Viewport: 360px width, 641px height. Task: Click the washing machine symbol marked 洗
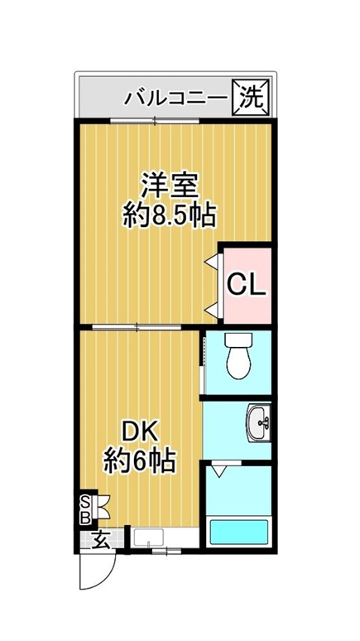pos(251,98)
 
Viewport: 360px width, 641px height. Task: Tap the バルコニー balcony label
pos(175,99)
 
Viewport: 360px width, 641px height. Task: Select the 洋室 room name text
pos(170,186)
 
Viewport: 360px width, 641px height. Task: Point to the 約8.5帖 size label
pos(169,215)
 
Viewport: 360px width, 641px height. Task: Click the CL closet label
pos(247,285)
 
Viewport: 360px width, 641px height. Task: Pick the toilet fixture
pos(238,355)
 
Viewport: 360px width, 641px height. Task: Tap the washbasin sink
pos(260,422)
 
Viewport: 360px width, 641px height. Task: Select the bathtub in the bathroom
pos(238,532)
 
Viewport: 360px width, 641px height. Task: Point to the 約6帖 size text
pos(140,461)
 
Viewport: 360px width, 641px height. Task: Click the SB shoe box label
pos(85,510)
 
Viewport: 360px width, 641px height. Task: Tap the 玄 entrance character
pos(100,541)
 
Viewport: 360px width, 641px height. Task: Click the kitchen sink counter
pos(165,538)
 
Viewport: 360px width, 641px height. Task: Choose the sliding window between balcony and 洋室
pos(155,121)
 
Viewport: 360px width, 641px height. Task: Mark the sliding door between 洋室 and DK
pos(137,326)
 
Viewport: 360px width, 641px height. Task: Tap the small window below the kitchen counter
pos(166,551)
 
